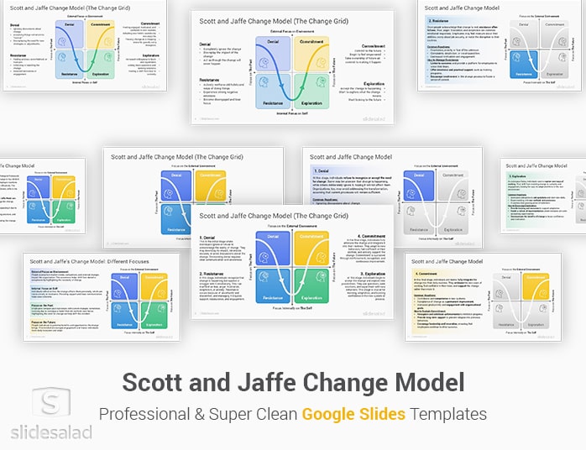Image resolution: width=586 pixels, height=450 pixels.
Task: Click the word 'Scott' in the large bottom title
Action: click(x=159, y=383)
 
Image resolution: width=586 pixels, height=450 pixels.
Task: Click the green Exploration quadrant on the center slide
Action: click(x=311, y=277)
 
